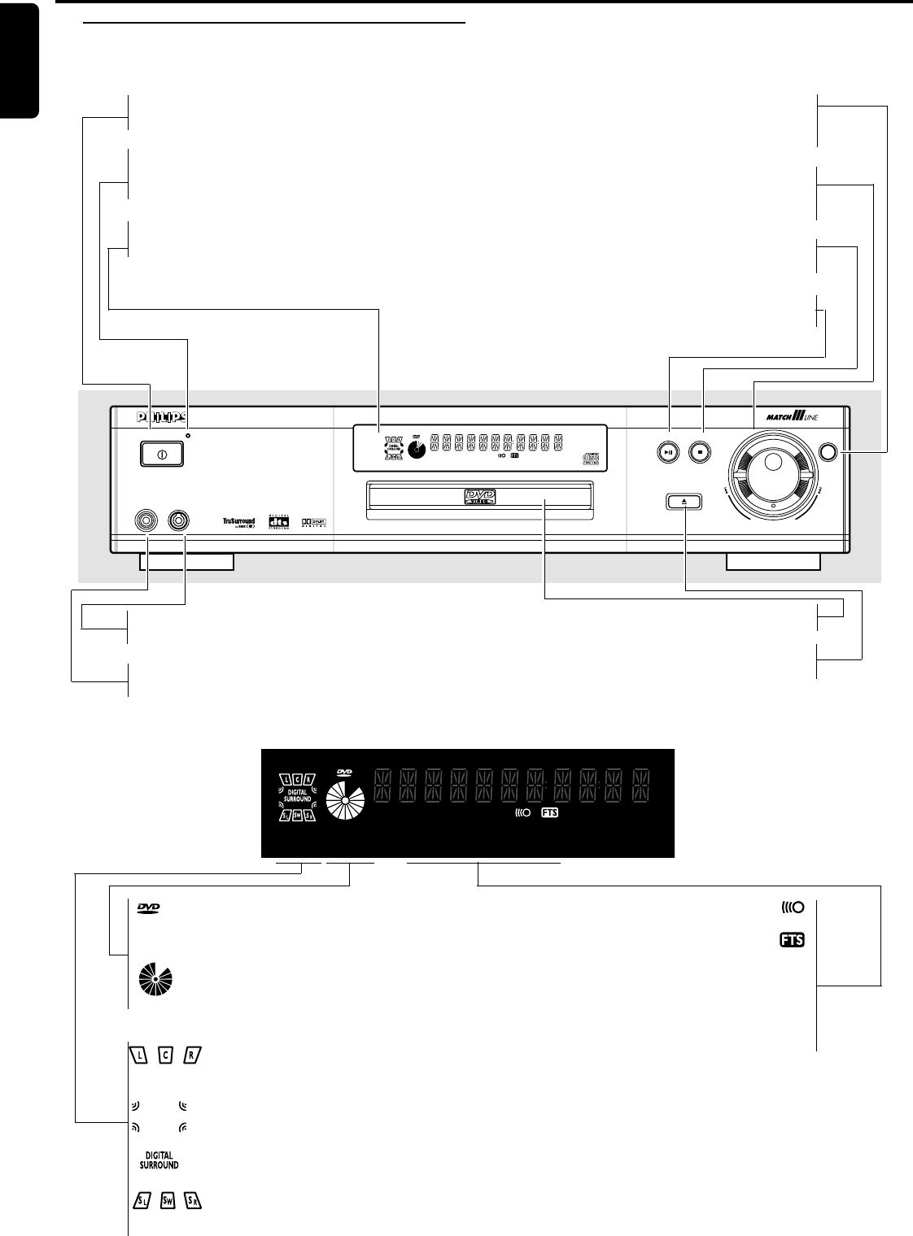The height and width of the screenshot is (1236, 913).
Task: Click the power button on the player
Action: click(x=162, y=454)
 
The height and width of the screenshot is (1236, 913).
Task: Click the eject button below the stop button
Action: click(x=685, y=502)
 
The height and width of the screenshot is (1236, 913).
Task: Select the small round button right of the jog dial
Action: click(x=829, y=452)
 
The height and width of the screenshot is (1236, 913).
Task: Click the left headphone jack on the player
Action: click(x=147, y=519)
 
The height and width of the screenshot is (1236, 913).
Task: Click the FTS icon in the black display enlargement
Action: click(x=550, y=812)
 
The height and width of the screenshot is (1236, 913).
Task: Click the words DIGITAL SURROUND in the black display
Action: click(x=297, y=795)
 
